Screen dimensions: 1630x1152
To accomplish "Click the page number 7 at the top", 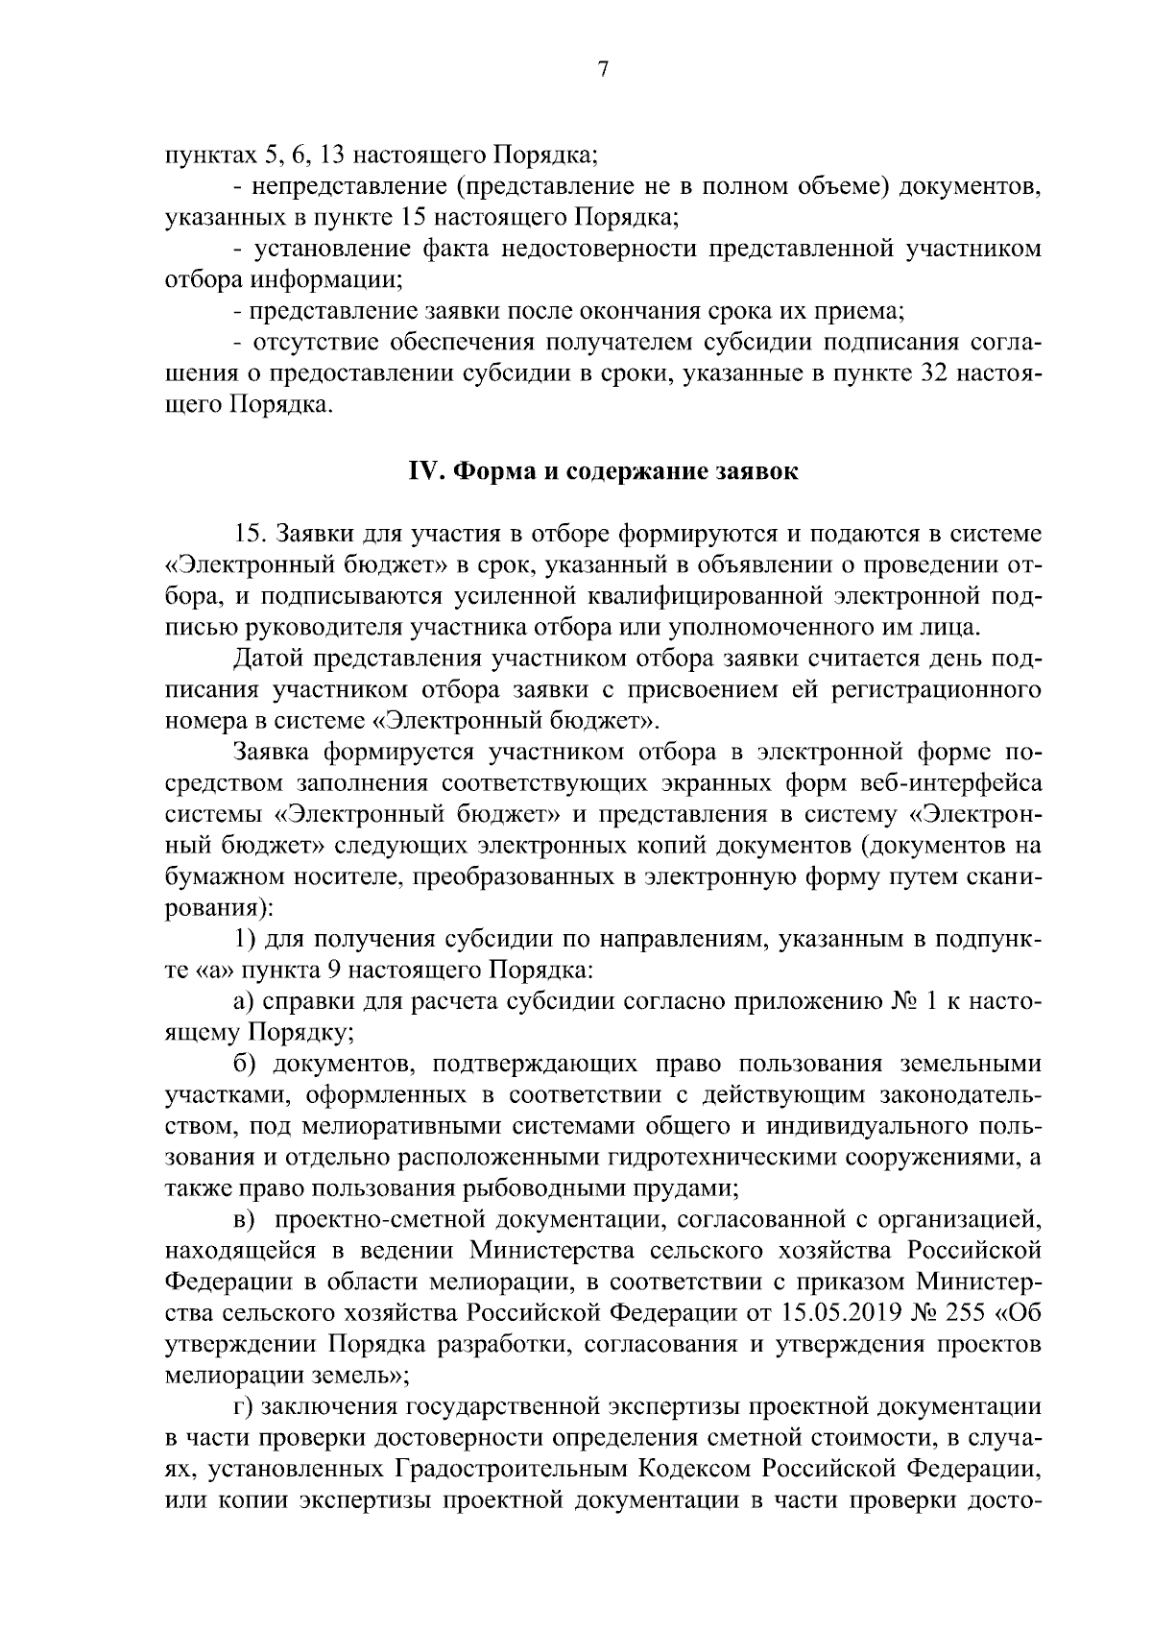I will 603,69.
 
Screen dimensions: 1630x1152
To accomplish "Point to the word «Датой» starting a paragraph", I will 262,659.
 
